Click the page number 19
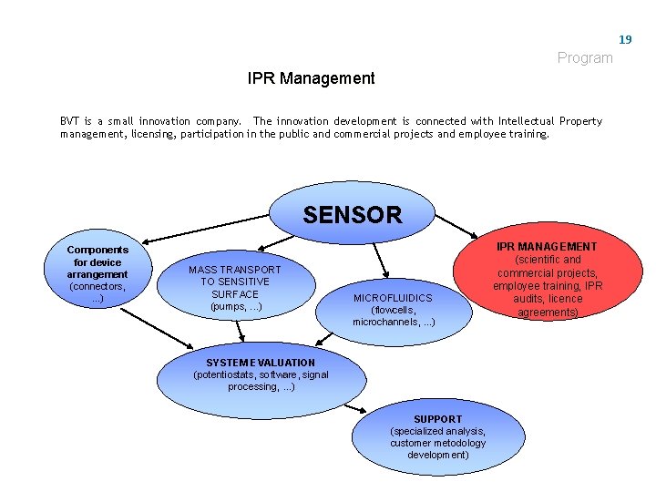[x=625, y=39]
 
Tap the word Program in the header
[x=585, y=58]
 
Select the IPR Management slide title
[x=311, y=78]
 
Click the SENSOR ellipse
[x=352, y=214]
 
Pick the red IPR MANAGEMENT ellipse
[x=547, y=279]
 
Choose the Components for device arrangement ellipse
[x=97, y=273]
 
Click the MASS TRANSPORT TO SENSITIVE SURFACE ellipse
[x=234, y=287]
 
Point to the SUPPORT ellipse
[x=437, y=437]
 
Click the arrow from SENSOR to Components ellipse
[x=209, y=233]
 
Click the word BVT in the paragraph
[x=69, y=121]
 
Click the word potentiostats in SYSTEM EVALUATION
[x=223, y=374]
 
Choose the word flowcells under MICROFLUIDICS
[x=393, y=310]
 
